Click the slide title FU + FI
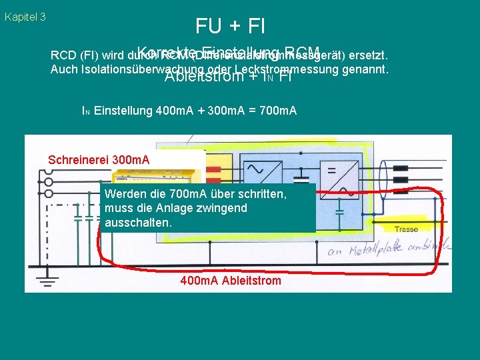pyautogui.click(x=230, y=26)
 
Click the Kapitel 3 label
pyautogui.click(x=25, y=17)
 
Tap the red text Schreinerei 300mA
pyautogui.click(x=99, y=160)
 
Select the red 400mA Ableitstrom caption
pyautogui.click(x=231, y=280)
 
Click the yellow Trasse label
pyautogui.click(x=406, y=229)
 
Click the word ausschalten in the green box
pyautogui.click(x=138, y=223)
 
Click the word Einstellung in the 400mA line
pyautogui.click(x=123, y=110)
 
